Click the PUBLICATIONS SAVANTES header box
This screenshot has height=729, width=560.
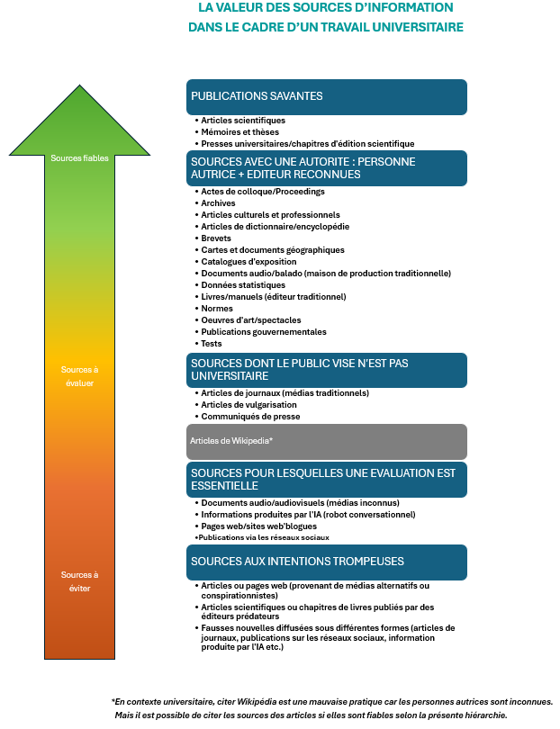pyautogui.click(x=327, y=96)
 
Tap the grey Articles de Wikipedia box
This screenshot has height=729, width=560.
pyautogui.click(x=327, y=441)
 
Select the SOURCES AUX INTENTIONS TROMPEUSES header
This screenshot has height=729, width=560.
pyautogui.click(x=327, y=562)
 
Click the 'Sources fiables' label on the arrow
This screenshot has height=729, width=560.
pyautogui.click(x=79, y=158)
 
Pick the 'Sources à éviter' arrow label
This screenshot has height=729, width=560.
pyautogui.click(x=79, y=581)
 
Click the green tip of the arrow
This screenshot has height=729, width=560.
pyautogui.click(x=79, y=99)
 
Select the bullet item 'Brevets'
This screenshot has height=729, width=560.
pyautogui.click(x=216, y=238)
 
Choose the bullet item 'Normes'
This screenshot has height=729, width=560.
pyautogui.click(x=216, y=309)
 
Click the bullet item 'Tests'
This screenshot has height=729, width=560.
pyautogui.click(x=212, y=344)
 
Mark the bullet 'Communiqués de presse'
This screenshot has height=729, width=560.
pyautogui.click(x=250, y=417)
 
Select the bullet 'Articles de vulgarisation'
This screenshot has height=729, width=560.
pyautogui.click(x=248, y=405)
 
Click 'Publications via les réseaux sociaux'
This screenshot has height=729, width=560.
pyautogui.click(x=263, y=537)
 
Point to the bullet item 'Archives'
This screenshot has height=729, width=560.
pyautogui.click(x=218, y=203)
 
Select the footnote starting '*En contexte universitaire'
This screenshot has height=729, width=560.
pyautogui.click(x=331, y=701)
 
